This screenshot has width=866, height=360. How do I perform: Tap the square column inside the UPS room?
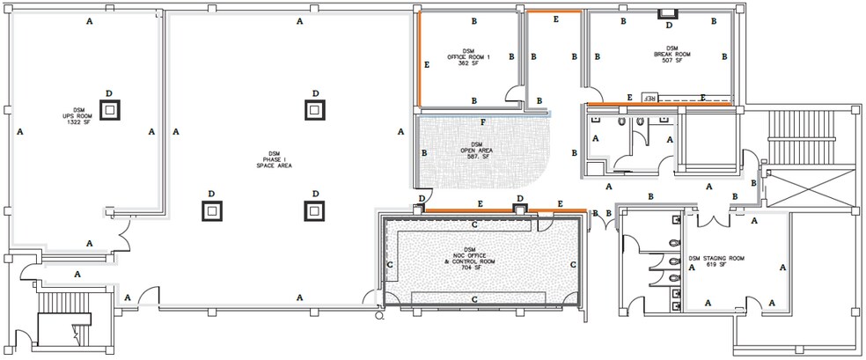109,109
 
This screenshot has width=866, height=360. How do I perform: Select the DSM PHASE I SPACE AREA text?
275,159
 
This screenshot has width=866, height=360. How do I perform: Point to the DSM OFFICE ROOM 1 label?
469,56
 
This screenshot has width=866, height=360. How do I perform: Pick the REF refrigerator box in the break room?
651,97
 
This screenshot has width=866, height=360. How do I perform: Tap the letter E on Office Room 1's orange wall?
427,64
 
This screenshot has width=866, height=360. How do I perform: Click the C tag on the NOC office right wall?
573,263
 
